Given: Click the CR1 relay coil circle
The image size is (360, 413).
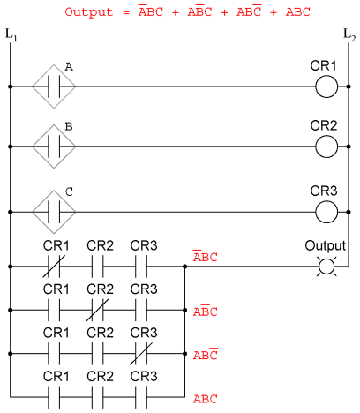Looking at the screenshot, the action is (x=326, y=76).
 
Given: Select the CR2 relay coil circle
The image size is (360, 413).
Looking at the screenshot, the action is (x=326, y=136).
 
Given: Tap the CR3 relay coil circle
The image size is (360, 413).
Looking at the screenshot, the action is (x=326, y=201).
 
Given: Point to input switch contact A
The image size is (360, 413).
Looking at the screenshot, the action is (x=54, y=86).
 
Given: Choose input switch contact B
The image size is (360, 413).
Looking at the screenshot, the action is (x=54, y=146).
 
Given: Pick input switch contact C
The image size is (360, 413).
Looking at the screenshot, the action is (x=54, y=212).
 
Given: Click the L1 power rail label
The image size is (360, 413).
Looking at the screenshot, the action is (x=11, y=34).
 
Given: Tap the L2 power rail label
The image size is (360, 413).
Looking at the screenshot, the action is (x=349, y=34).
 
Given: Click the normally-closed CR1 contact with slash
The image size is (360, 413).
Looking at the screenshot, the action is (x=54, y=267).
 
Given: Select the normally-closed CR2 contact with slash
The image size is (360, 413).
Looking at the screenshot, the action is (x=97, y=310).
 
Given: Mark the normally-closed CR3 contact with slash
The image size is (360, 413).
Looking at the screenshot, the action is (x=141, y=354).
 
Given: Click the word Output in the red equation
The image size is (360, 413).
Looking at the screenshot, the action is (x=89, y=12).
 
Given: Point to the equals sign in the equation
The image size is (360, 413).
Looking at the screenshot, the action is (x=126, y=12).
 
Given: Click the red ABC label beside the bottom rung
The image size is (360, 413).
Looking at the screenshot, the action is (x=205, y=399).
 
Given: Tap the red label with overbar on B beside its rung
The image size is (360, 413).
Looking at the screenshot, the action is (x=205, y=311).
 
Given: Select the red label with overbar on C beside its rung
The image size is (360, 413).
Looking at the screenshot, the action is (x=205, y=354).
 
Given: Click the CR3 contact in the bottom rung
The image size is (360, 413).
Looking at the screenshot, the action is (x=141, y=397).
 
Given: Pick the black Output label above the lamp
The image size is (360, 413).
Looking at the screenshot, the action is (x=326, y=245).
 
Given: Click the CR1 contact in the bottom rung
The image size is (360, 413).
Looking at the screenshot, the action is (x=54, y=397).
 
